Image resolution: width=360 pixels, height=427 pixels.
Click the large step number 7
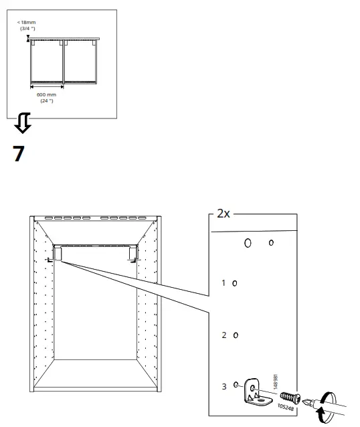(19, 154)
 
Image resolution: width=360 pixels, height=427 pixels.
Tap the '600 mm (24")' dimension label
(46, 98)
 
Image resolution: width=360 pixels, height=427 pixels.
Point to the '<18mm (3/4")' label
(27, 25)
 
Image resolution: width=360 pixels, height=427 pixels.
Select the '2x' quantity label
(223, 214)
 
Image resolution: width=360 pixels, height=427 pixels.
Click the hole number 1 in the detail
(223, 283)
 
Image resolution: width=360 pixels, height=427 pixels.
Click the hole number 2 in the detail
(223, 335)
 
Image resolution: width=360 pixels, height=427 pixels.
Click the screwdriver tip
(306, 403)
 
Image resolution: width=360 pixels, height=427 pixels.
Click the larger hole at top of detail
(248, 243)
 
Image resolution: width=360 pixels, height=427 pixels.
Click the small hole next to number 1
(234, 284)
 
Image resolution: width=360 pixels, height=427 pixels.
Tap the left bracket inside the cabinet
(56, 254)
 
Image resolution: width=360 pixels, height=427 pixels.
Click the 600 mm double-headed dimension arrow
(47, 86)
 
